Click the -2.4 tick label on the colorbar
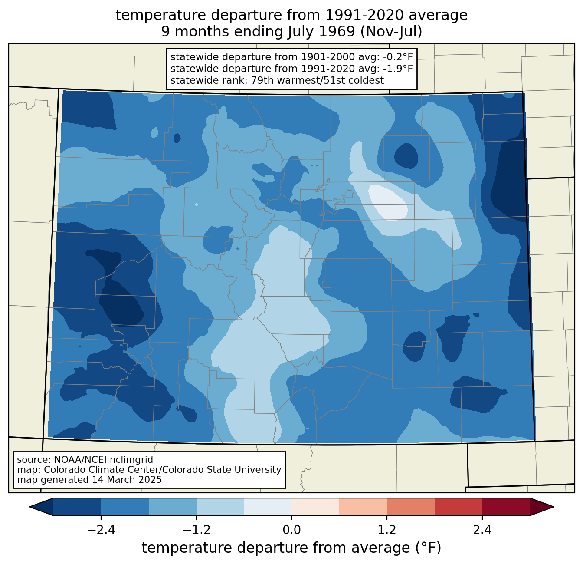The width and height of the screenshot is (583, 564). click(101, 530)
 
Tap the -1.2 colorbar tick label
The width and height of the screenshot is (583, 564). click(197, 530)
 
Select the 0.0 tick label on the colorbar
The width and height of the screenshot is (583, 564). click(291, 530)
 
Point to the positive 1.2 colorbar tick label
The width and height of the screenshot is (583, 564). click(387, 530)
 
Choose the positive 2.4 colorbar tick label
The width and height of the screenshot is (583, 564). click(482, 530)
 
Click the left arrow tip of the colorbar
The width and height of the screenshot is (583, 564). click(29, 507)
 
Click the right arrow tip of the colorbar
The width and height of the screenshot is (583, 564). click(554, 507)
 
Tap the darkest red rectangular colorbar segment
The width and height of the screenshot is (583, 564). click(506, 507)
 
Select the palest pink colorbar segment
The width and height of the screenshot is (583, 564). click(315, 507)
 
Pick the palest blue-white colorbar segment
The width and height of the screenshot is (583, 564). click(268, 507)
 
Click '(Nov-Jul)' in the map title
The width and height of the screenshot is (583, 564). click(391, 32)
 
